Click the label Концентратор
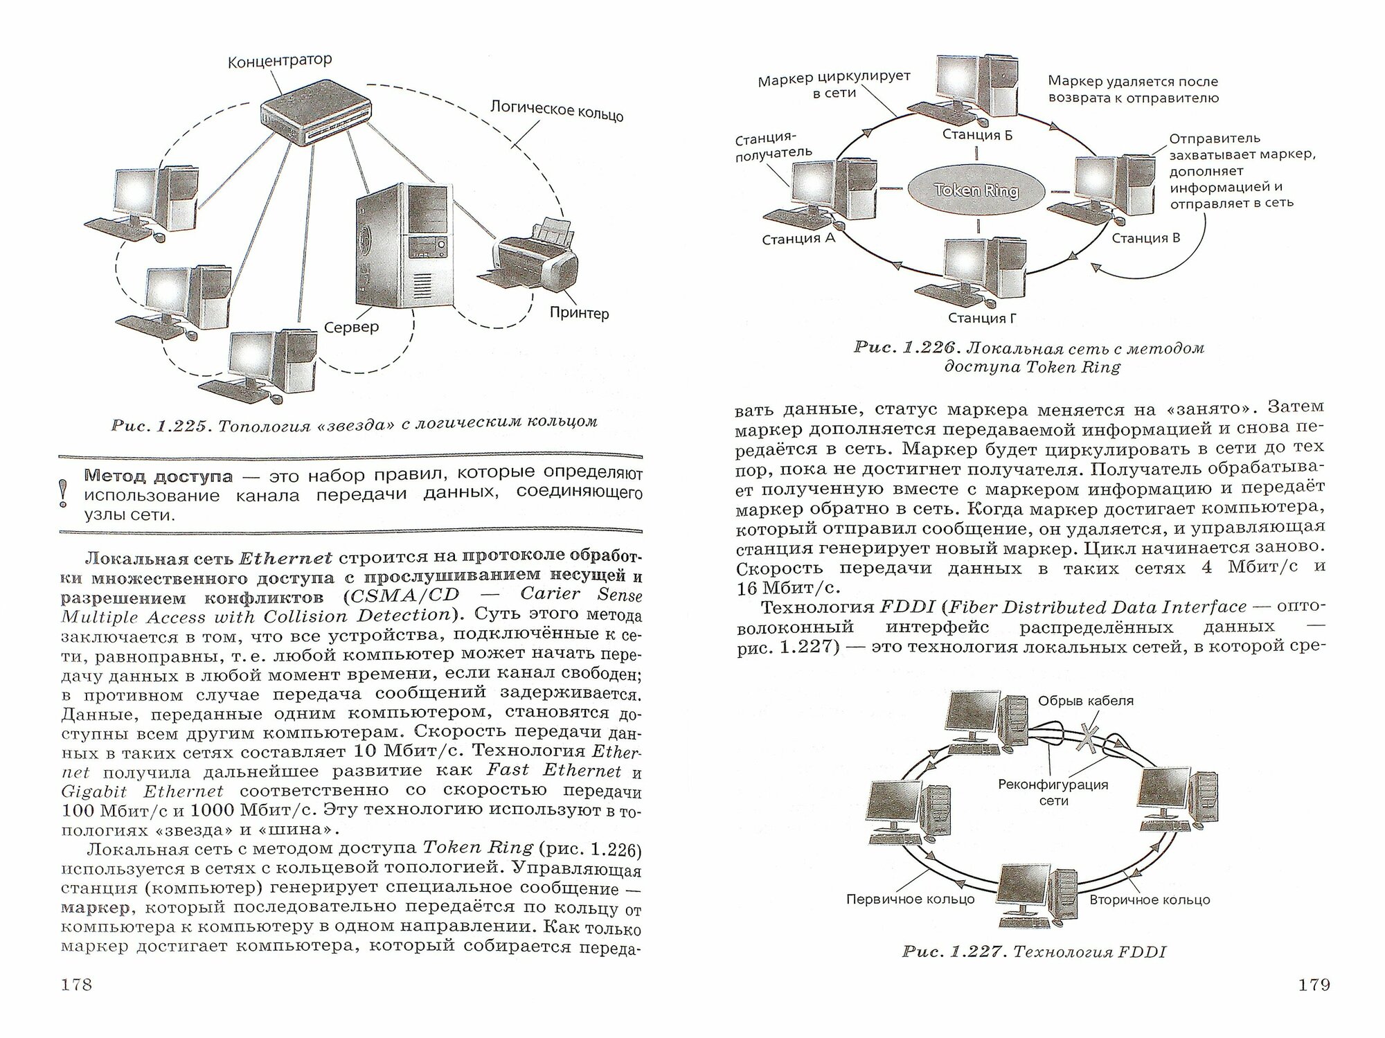pos(280,62)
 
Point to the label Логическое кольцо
pos(557,110)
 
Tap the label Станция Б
pos(977,135)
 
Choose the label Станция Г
pos(976,319)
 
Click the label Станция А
pos(798,240)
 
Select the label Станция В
pos(1146,238)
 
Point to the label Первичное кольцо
pos(910,900)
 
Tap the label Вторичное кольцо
pos(1150,900)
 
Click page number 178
pos(77,984)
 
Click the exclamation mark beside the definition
pos(65,494)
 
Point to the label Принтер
pos(579,313)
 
